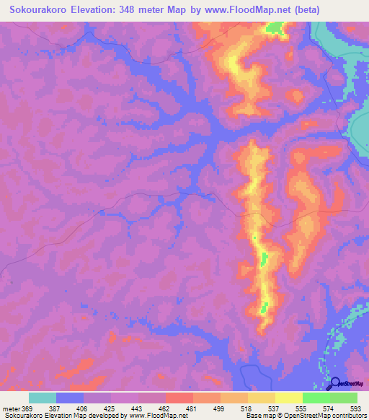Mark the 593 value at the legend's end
(355, 408)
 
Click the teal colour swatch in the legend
(43, 398)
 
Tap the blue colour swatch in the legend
(70, 398)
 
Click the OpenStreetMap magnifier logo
(334, 383)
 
